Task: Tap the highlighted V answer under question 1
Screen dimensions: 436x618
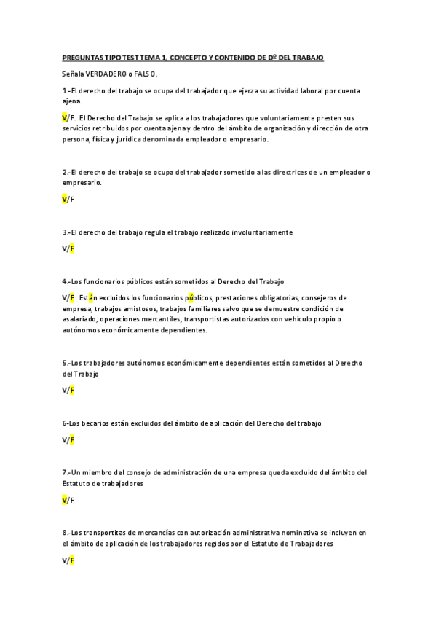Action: pos(65,117)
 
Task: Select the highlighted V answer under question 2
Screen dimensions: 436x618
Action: pos(65,199)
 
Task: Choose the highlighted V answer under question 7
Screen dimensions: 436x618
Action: pos(65,500)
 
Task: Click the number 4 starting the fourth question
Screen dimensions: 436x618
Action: pos(65,281)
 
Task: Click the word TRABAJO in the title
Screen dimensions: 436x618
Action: pos(307,57)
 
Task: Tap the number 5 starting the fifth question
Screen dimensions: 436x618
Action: pos(65,363)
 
